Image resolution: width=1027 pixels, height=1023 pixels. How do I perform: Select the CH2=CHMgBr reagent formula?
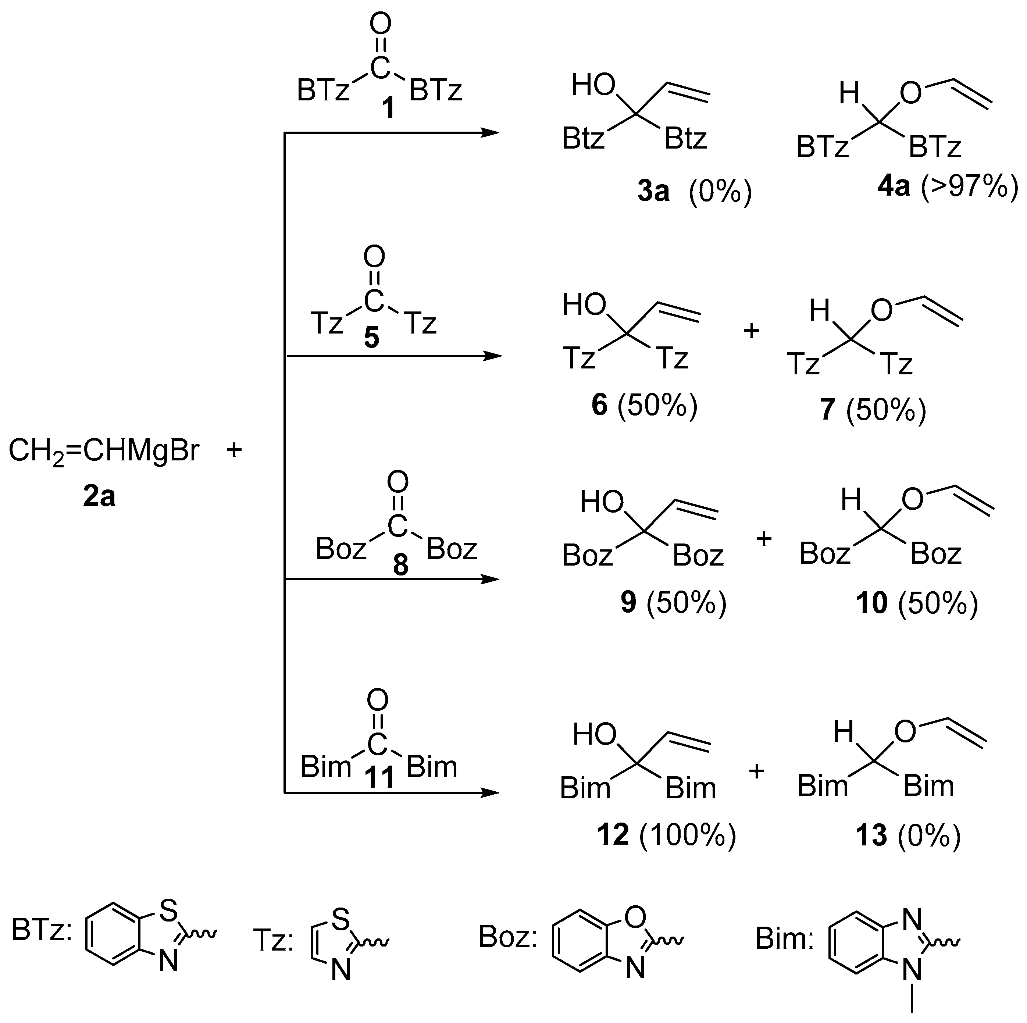click(x=104, y=451)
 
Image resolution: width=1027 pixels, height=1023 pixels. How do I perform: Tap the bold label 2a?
click(x=99, y=497)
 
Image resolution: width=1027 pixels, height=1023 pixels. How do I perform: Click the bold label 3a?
click(x=653, y=191)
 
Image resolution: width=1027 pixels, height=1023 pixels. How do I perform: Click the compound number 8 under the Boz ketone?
click(x=400, y=565)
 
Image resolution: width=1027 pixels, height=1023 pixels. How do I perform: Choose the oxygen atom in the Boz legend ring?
click(x=635, y=916)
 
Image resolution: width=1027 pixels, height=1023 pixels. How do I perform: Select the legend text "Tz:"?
click(x=273, y=940)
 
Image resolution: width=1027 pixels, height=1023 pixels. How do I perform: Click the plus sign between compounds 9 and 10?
click(x=764, y=539)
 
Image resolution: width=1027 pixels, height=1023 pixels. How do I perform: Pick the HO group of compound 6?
click(x=584, y=305)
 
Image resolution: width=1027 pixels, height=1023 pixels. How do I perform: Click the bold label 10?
click(x=872, y=603)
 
